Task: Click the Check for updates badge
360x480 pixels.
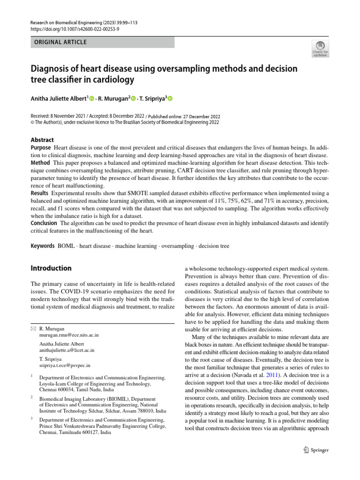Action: pos(320,48)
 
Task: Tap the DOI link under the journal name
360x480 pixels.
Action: pos(75,30)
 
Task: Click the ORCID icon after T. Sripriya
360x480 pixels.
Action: pos(170,99)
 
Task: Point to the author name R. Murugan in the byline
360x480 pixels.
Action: pos(113,99)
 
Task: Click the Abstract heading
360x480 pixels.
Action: pos(42,140)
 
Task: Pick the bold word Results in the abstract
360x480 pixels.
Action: pos(40,193)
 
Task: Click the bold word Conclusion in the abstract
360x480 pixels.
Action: pos(44,223)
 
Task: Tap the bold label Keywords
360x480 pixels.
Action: pos(42,246)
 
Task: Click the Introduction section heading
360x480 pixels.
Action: pos(51,268)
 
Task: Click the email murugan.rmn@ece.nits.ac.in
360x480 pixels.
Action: pos(69,336)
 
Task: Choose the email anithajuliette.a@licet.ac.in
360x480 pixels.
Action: pos(67,350)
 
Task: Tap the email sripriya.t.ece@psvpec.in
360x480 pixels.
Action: pos(65,365)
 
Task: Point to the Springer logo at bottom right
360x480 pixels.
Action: pos(314,450)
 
